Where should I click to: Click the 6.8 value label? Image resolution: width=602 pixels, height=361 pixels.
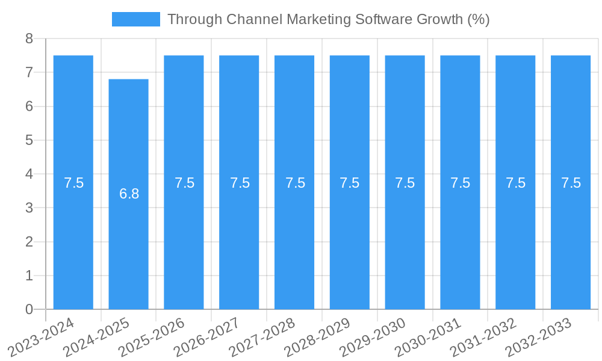129,194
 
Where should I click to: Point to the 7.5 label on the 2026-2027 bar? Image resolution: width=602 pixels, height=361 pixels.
240,183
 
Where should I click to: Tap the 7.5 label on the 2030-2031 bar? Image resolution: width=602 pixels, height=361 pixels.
460,183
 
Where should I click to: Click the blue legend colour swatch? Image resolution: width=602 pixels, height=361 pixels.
136,19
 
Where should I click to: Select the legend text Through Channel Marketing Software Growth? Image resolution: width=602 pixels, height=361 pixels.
328,19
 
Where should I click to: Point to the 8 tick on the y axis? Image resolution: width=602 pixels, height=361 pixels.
29,39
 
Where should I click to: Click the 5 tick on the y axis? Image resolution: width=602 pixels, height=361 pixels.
29,140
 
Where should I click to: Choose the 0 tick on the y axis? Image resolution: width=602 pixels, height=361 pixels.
29,309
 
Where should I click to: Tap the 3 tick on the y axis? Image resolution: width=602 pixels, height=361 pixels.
29,208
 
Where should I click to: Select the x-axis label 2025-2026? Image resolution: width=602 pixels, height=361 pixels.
152,338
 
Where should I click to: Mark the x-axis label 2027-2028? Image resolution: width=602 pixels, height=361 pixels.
262,338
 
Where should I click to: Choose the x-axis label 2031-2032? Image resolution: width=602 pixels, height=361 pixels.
483,338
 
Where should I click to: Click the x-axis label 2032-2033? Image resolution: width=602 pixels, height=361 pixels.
539,338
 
